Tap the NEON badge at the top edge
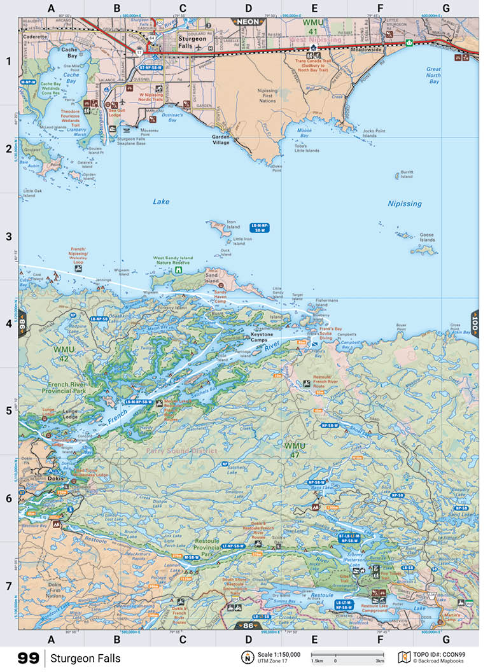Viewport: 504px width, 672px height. [248, 21]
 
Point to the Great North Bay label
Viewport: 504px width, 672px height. [433, 75]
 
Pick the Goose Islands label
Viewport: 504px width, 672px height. [426, 237]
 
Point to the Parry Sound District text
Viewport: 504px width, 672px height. [181, 451]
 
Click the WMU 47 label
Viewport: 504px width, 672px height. [295, 448]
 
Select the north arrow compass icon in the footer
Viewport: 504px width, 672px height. [245, 657]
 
